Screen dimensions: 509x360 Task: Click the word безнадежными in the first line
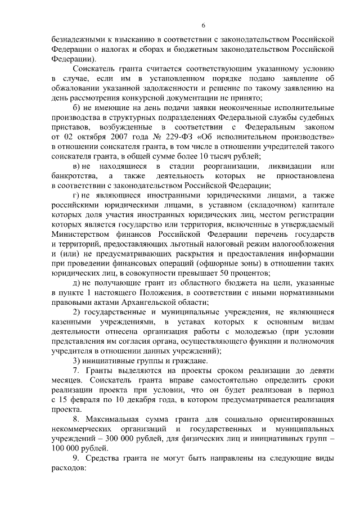[x=78, y=39]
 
